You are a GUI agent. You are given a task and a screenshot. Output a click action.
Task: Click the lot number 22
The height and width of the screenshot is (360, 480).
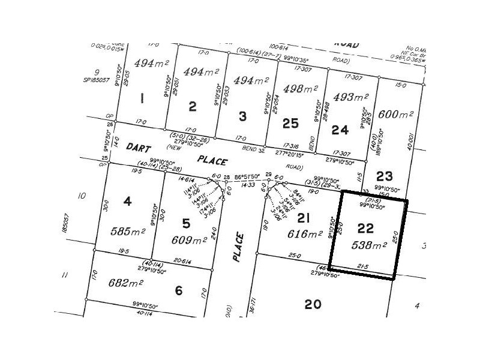click(x=365, y=228)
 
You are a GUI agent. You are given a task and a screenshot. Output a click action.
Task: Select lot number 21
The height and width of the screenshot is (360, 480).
click(x=305, y=219)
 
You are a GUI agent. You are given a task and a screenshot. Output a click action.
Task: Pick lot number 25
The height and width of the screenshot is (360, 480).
click(x=290, y=123)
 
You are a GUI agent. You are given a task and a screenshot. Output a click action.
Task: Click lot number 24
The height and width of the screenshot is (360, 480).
click(x=340, y=129)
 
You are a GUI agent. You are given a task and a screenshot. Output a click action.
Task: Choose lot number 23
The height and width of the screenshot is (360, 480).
click(x=384, y=176)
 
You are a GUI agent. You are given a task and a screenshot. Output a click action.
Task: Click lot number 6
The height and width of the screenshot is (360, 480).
click(x=178, y=290)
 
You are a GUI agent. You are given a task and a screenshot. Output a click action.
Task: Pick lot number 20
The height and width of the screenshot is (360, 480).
click(x=313, y=304)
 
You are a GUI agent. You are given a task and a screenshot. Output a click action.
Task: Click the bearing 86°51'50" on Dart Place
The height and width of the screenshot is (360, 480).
click(x=247, y=178)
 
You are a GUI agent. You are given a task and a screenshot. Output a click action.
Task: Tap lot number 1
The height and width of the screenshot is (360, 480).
click(x=142, y=98)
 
